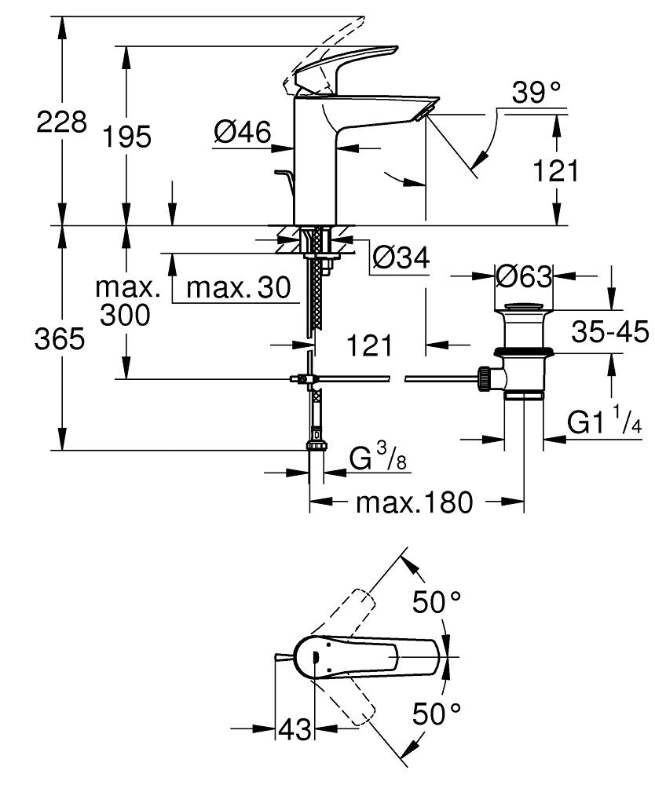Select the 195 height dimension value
[126, 137]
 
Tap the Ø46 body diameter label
[242, 133]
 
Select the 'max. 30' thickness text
[233, 288]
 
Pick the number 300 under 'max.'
[125, 315]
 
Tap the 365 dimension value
[61, 339]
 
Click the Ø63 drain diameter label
[524, 276]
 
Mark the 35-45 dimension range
[610, 332]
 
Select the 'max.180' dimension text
[415, 502]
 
